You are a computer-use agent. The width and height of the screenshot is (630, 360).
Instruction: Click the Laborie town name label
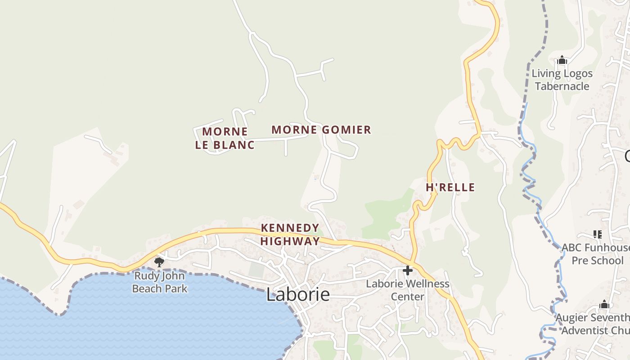pos(298,295)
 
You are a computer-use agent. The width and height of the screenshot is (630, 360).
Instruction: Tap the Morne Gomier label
pos(321,130)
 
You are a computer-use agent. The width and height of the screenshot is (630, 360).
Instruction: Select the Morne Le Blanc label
pos(225,138)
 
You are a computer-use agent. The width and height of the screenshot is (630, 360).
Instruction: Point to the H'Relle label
pos(450,187)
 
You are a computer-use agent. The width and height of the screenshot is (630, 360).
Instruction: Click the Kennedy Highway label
pos(290,234)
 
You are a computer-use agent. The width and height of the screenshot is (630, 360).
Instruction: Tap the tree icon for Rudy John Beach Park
pos(158,262)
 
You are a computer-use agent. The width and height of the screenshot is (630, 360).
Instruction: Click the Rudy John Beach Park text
pos(160,282)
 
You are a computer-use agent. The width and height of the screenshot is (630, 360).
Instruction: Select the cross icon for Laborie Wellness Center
pos(408,270)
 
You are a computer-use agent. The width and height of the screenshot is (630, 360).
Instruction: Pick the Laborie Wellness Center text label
pos(408,290)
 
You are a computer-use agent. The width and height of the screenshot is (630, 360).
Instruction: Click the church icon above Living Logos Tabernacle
pos(562,60)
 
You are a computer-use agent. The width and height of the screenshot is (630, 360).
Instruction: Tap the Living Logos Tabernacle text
pos(562,80)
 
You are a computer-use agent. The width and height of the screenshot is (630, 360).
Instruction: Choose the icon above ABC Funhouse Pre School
pos(598,234)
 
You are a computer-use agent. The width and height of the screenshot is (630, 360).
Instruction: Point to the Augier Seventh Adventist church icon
pos(604,305)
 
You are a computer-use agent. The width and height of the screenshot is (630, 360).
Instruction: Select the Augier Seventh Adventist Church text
pos(594,324)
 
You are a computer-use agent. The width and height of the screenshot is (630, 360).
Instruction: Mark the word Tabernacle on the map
pos(562,86)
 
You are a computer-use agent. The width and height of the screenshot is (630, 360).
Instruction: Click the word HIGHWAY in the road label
pos(290,241)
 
